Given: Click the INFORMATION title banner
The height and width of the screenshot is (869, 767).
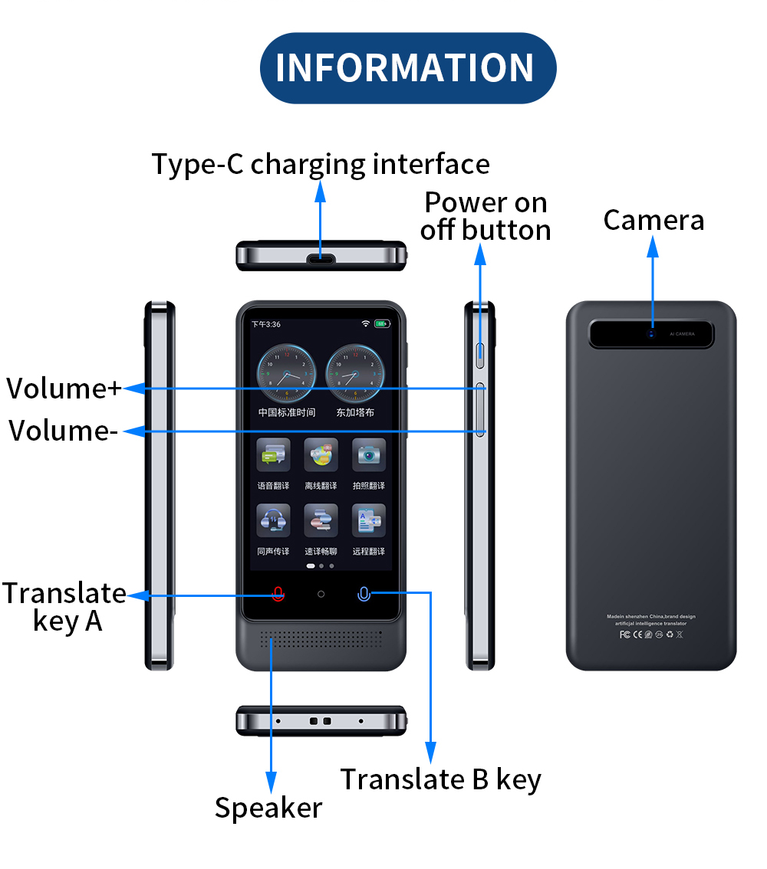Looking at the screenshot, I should [x=407, y=67].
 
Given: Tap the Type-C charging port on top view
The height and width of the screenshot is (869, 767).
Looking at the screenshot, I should [x=321, y=258].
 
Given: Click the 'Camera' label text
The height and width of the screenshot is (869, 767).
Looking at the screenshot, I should [x=653, y=220].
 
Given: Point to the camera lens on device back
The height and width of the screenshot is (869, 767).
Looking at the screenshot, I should [x=652, y=333].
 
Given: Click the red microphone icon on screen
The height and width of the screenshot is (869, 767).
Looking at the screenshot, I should [x=278, y=594].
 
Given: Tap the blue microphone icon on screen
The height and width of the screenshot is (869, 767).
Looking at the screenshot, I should [x=364, y=594].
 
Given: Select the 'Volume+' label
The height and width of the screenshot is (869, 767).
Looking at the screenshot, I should [x=64, y=389].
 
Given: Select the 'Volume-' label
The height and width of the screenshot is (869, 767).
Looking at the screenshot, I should [x=64, y=431].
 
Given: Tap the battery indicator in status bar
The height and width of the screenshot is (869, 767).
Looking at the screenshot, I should [x=382, y=324].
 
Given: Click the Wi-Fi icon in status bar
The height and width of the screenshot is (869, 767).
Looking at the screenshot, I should [x=366, y=324].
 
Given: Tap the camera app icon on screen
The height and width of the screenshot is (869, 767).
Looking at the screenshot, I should [x=369, y=455].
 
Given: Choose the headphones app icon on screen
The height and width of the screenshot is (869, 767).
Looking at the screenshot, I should [x=273, y=521].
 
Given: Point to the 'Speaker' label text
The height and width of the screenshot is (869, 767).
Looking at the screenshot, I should [x=268, y=808].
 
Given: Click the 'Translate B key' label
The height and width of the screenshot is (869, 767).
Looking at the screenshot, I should [x=441, y=779].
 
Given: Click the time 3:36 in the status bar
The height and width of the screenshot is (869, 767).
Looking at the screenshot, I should [x=266, y=324].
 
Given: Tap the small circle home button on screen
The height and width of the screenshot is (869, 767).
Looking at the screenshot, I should [x=321, y=594].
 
